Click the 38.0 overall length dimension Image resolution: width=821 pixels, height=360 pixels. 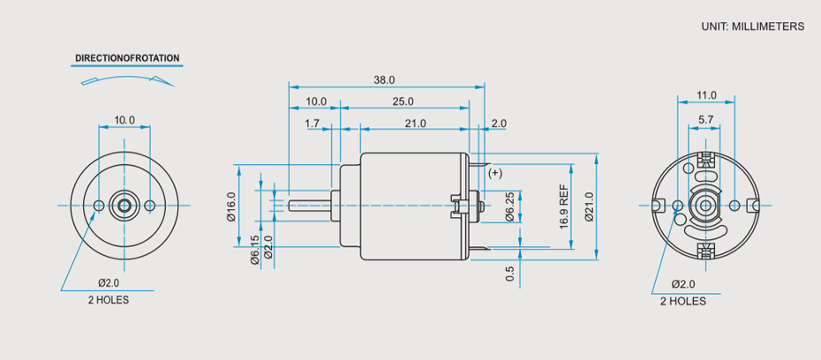point(384,79)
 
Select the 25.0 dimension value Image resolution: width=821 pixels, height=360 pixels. point(403,101)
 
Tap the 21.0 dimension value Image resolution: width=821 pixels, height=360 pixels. point(415,124)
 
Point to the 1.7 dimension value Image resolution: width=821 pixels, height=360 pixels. point(313,124)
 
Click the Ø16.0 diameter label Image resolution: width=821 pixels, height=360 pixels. point(232,206)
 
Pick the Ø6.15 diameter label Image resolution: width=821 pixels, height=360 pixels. point(255,250)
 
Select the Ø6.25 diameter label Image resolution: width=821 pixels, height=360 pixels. point(510,206)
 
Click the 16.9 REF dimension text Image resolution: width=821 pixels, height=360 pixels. point(564,207)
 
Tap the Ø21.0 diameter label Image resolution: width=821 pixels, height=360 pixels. point(588,207)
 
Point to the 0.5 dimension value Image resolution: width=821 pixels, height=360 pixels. point(510,274)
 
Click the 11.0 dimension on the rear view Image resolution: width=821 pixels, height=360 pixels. point(706,95)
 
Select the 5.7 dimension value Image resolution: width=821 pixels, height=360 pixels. point(706,118)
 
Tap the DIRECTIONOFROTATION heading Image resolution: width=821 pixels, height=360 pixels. point(127,59)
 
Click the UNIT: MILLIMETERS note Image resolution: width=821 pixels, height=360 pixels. point(753,26)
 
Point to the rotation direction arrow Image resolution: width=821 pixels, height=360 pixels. point(127,80)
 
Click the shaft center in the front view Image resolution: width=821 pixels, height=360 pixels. point(124,206)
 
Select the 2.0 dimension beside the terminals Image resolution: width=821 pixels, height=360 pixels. point(499,124)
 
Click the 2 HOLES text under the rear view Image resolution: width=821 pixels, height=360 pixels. point(683,301)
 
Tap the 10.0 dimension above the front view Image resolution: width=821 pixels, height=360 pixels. point(124,120)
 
